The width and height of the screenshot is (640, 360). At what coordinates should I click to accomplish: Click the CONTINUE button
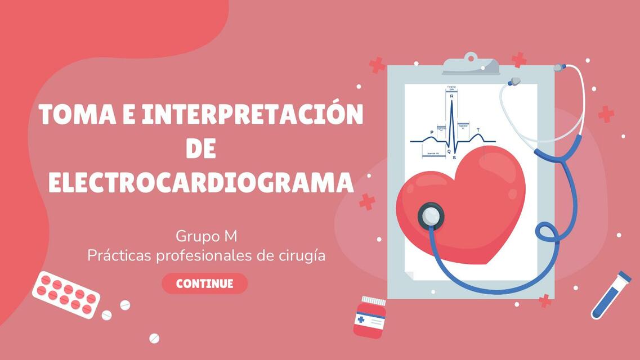click(x=204, y=283)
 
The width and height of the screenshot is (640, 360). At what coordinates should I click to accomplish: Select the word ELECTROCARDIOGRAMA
click(x=201, y=183)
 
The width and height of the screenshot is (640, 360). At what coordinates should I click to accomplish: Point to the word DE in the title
click(x=201, y=148)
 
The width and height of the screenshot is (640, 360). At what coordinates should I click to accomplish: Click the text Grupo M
click(x=206, y=235)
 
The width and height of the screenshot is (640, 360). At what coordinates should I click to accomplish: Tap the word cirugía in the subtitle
click(x=302, y=255)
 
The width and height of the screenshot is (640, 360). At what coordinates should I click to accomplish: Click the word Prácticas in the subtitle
click(x=119, y=255)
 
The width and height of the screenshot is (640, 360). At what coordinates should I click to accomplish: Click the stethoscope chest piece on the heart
click(x=431, y=215)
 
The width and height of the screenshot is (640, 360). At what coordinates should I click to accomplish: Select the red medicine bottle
click(x=370, y=318)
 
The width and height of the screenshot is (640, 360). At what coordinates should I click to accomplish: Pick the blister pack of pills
click(x=66, y=294)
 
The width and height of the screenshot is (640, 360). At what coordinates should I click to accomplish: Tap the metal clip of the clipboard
click(x=471, y=64)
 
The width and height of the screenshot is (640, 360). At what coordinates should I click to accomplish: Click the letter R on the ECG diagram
click(x=451, y=97)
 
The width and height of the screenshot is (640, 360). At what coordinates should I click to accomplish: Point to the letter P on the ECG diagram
click(x=432, y=133)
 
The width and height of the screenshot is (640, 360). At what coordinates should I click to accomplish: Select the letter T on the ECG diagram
click(x=478, y=130)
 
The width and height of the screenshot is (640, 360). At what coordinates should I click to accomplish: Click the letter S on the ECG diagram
click(x=454, y=158)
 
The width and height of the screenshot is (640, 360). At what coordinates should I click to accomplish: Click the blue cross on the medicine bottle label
click(x=360, y=319)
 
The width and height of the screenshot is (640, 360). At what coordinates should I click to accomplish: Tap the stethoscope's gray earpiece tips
click(x=513, y=82)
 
